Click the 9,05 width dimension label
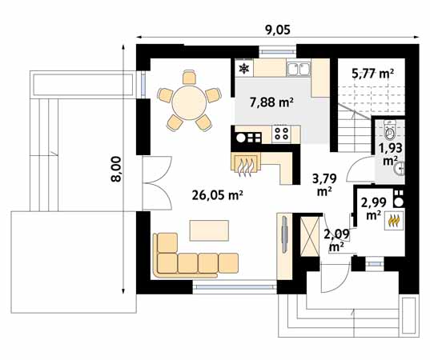pyautogui.click(x=278, y=30)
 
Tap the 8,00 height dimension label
pyautogui.click(x=116, y=169)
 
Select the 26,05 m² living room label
pyautogui.click(x=218, y=196)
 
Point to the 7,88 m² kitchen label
pyautogui.click(x=271, y=102)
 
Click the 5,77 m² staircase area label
pyautogui.click(x=372, y=74)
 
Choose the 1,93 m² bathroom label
pyautogui.click(x=391, y=154)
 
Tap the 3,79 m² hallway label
pyautogui.click(x=324, y=185)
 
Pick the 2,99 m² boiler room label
pyautogui.click(x=373, y=209)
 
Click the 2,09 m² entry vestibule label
pyautogui.click(x=337, y=240)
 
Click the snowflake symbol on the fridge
pyautogui.click(x=243, y=69)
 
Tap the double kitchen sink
pyautogui.click(x=299, y=69)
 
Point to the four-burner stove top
pyautogui.click(x=281, y=134)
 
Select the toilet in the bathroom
pyautogui.click(x=389, y=130)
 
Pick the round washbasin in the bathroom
pyautogui.click(x=400, y=168)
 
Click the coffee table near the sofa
pyautogui.click(x=209, y=230)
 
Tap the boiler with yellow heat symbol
pyautogui.click(x=394, y=221)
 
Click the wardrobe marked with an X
pyautogui.click(x=310, y=236)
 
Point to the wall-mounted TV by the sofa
pyautogui.click(x=284, y=234)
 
